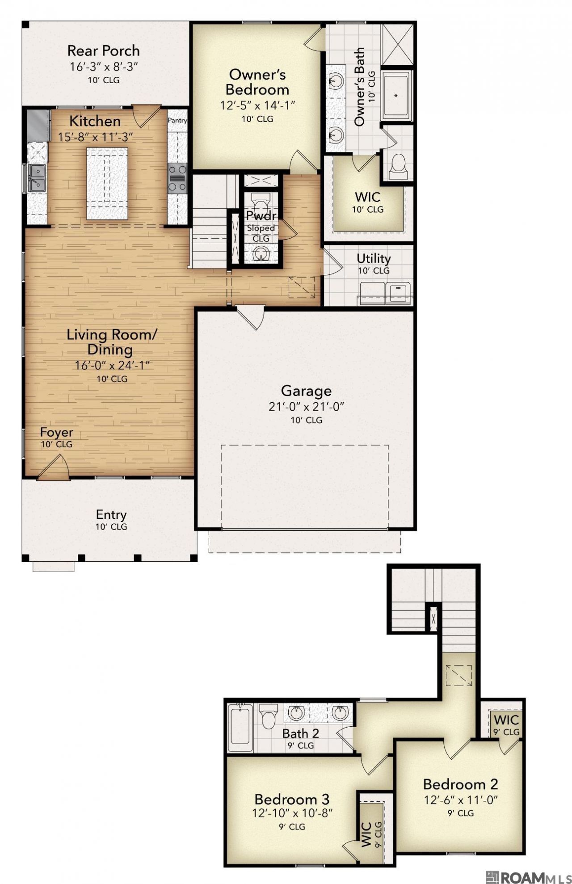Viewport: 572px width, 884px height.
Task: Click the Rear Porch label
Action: tap(103, 51)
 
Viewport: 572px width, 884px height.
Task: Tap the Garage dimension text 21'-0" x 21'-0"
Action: tap(306, 407)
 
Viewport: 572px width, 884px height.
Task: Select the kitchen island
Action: tap(107, 183)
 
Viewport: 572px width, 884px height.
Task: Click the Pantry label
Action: tap(177, 120)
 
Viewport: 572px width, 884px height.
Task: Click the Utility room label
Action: tap(374, 258)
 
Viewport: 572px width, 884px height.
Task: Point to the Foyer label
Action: tap(56, 433)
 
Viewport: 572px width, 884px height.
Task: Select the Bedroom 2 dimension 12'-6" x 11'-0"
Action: tap(461, 800)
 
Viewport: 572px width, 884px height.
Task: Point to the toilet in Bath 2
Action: tap(269, 716)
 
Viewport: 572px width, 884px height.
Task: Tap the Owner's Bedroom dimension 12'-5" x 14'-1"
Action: tap(257, 105)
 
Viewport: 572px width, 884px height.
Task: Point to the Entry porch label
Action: tap(111, 514)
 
